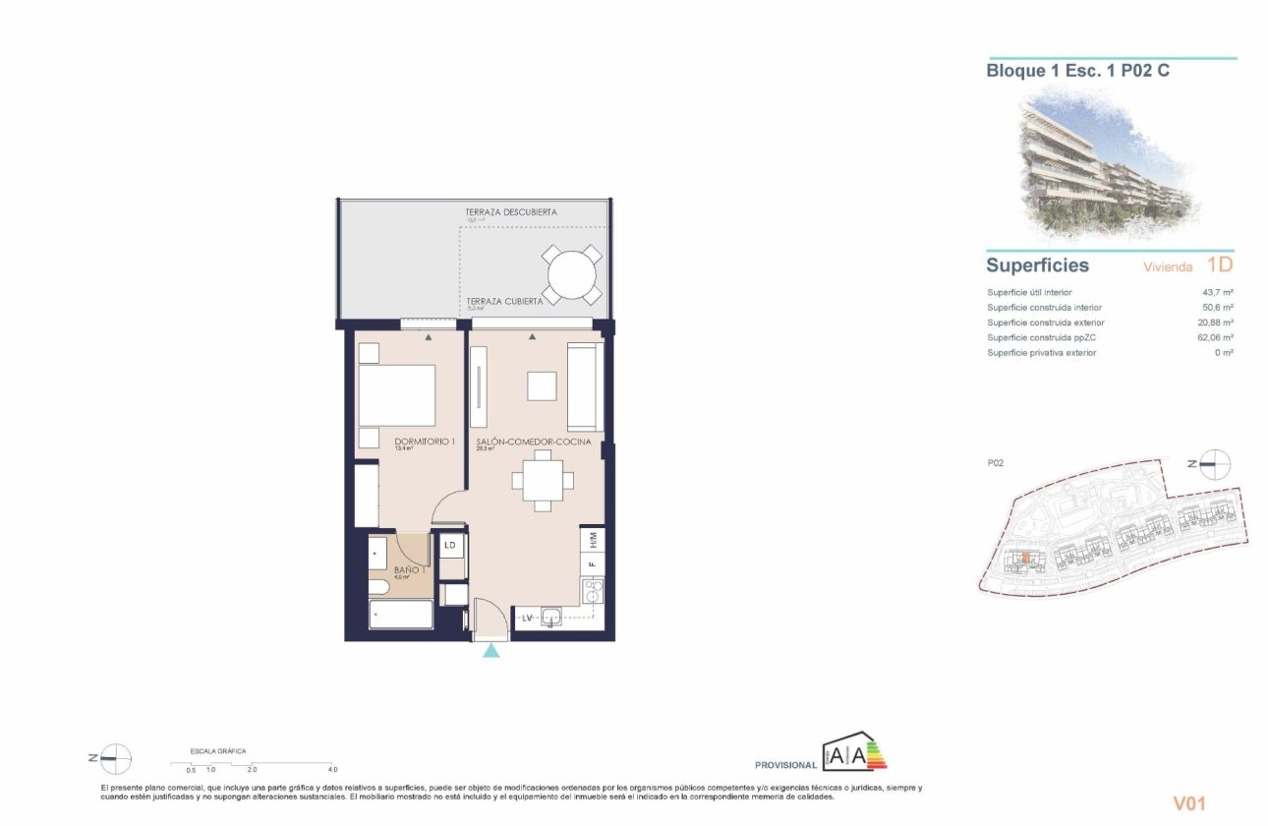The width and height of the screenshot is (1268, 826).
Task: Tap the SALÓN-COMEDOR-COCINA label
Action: click(x=533, y=442)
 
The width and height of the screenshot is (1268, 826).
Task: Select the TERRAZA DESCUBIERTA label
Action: click(x=511, y=212)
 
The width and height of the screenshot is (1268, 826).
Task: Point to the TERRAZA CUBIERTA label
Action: click(x=504, y=301)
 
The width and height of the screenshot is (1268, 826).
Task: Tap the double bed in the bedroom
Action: click(x=396, y=395)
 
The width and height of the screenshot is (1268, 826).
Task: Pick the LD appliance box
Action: click(x=451, y=545)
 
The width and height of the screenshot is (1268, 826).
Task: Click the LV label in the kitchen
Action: click(x=527, y=618)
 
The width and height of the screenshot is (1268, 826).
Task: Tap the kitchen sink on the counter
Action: click(x=550, y=618)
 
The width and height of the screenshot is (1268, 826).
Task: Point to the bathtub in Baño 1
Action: click(x=400, y=617)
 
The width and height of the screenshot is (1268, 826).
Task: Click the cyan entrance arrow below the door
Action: click(x=490, y=650)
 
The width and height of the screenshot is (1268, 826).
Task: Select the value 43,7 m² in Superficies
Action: click(x=1217, y=293)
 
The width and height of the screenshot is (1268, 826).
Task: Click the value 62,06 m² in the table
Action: click(x=1215, y=337)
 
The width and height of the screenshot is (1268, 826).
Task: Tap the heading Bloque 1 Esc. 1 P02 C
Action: click(x=1077, y=71)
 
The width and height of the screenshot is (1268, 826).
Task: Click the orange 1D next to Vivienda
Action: click(x=1219, y=265)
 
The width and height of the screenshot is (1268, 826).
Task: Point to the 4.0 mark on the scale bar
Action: click(x=332, y=769)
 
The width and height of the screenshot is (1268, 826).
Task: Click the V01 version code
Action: click(x=1188, y=803)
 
